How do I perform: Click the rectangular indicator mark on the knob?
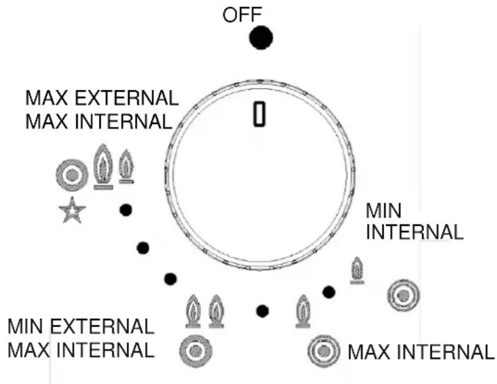260,114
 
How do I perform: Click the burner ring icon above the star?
71,175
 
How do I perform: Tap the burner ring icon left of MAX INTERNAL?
322,351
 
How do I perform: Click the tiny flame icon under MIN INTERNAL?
357,270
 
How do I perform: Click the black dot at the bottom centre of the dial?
261,311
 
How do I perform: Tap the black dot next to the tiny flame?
329,292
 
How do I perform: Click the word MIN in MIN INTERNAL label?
383,209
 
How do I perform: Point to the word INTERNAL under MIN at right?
414,232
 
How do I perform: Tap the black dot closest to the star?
125,209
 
